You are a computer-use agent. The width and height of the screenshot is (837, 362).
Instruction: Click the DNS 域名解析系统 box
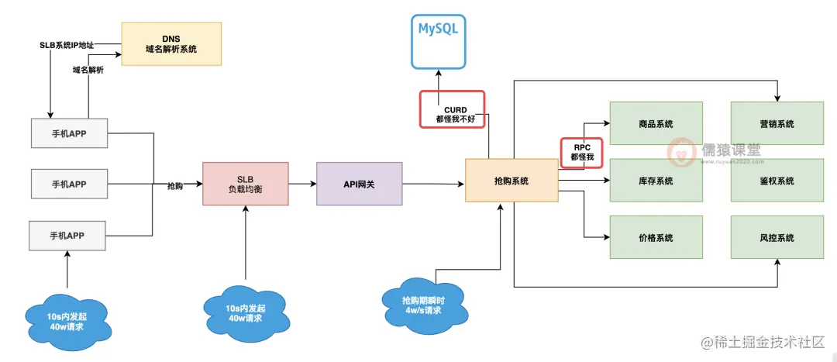[171, 43]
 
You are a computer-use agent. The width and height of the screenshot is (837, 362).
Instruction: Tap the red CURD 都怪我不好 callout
[452, 110]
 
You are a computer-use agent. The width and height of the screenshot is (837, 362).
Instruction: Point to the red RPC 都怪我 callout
[581, 151]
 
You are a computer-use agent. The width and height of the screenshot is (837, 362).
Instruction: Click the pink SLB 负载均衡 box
[245, 184]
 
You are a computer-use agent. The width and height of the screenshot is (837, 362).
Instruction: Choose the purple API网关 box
[359, 184]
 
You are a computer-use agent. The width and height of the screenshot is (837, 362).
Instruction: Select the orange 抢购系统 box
[511, 181]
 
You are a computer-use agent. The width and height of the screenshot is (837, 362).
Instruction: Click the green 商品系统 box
[656, 123]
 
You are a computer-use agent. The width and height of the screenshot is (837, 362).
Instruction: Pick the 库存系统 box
[656, 181]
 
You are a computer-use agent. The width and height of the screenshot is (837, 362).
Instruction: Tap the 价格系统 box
[656, 237]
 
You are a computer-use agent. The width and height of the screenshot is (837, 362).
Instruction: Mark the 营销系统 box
[776, 123]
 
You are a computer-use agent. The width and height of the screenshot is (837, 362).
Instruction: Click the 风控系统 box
[776, 237]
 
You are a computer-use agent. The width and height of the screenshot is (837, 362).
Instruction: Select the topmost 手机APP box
[68, 133]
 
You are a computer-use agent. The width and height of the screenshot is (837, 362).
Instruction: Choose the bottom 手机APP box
[67, 235]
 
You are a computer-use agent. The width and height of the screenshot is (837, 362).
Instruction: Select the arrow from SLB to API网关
[302, 184]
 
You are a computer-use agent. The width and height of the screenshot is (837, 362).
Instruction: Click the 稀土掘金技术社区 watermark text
[768, 342]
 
